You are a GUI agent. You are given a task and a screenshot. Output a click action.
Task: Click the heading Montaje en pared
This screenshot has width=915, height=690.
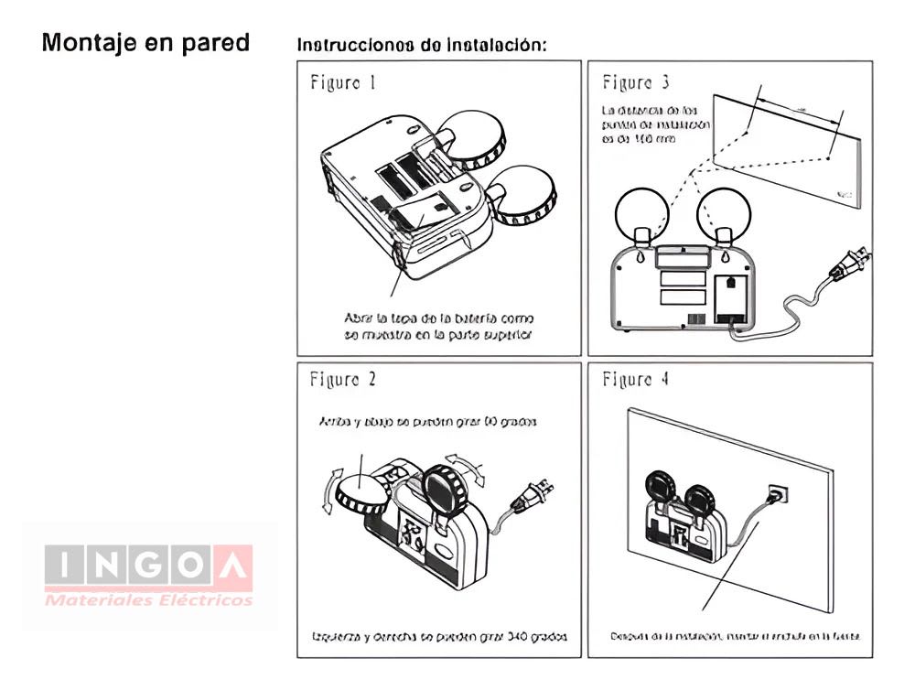[145, 43]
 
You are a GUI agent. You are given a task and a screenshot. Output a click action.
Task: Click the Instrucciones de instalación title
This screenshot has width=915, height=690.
[422, 45]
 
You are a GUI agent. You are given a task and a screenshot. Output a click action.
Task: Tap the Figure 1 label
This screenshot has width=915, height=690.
[343, 83]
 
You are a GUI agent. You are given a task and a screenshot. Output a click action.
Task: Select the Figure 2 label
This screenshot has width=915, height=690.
[343, 379]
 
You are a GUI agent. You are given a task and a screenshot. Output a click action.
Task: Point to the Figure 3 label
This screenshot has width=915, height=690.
[635, 83]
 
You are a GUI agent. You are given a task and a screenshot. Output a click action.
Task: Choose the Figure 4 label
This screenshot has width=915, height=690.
[635, 379]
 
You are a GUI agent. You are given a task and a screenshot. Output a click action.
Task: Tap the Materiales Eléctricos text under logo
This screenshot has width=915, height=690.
[148, 600]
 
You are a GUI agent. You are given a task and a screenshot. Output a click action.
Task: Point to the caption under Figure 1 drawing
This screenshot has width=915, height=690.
[438, 327]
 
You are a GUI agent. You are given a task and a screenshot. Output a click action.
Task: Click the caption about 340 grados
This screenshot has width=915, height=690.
[439, 636]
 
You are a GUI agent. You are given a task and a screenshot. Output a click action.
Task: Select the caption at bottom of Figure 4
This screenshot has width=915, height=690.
[735, 636]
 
